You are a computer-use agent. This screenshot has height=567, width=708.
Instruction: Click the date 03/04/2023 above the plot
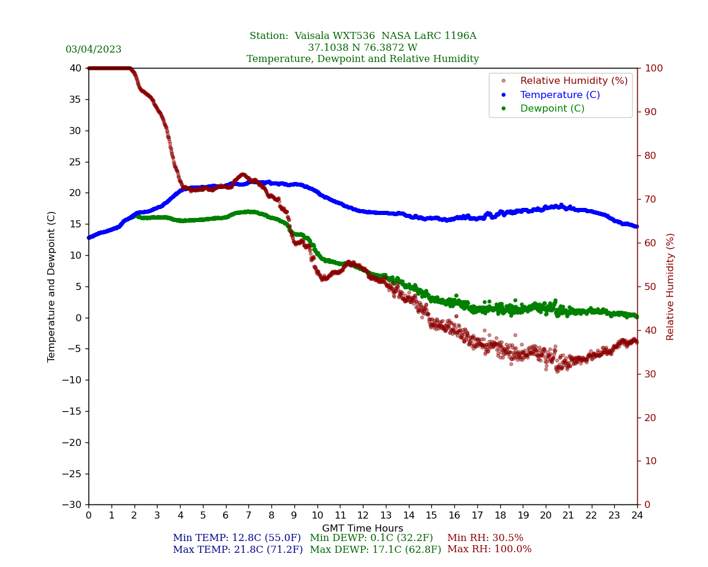coord(93,50)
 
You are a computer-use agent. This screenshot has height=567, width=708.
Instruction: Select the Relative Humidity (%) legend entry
coord(573,81)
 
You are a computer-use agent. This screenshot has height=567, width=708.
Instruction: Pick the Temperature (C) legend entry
coord(559,95)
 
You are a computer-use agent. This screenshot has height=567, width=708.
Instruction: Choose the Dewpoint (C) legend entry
coord(552,109)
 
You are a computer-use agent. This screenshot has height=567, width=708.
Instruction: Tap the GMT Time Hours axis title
coord(362,529)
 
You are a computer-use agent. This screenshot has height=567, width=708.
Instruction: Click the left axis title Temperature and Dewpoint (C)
coord(52,286)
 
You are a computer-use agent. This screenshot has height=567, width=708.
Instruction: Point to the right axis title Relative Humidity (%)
coord(670,286)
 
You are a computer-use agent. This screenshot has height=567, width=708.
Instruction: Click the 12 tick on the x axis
coord(363,516)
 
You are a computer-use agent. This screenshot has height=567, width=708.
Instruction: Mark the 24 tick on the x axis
coord(637,516)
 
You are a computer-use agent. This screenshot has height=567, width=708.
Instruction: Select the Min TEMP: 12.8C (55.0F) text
coord(237,538)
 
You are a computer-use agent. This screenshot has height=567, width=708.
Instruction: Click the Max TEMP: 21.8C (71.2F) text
coord(238,550)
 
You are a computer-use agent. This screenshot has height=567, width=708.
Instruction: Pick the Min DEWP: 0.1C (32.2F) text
coord(371,538)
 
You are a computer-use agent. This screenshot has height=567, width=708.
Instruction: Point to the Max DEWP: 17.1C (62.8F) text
coord(375,550)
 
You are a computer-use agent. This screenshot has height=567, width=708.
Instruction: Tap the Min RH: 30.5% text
coord(485,538)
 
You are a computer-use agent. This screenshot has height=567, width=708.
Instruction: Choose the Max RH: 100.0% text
coord(489,549)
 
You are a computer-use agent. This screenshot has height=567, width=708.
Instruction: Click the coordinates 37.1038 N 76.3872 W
coord(362,48)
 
